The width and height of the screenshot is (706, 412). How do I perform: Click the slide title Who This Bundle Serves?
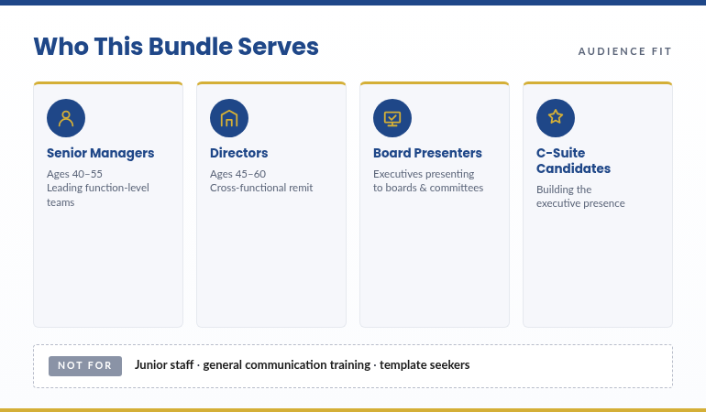(x=176, y=47)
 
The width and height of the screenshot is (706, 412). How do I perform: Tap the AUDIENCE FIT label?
(x=624, y=51)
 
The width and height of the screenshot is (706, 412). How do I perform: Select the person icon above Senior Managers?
(x=66, y=118)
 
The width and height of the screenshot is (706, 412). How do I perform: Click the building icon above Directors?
(x=229, y=118)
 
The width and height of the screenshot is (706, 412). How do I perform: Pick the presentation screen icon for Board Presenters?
(x=392, y=118)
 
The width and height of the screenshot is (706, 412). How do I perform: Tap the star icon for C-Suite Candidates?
(x=556, y=118)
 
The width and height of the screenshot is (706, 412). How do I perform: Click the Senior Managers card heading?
(x=100, y=153)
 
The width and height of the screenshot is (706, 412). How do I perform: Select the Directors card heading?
(x=238, y=153)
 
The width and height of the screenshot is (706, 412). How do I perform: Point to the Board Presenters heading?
(x=427, y=153)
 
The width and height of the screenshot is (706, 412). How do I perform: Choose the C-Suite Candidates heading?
(x=573, y=161)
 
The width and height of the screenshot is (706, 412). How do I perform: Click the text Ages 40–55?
(x=74, y=173)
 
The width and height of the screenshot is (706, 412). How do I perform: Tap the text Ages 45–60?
(x=237, y=173)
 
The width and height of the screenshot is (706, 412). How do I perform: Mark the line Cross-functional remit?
(x=261, y=188)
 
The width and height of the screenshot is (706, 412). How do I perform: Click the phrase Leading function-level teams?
(x=97, y=195)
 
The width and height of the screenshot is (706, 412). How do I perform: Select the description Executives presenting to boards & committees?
(x=427, y=180)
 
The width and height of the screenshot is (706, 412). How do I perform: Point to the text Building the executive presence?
(x=580, y=196)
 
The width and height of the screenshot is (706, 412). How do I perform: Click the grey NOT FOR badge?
(x=85, y=365)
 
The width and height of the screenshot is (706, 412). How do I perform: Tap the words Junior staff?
(x=163, y=364)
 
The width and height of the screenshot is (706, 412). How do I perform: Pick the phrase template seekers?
(x=425, y=364)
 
